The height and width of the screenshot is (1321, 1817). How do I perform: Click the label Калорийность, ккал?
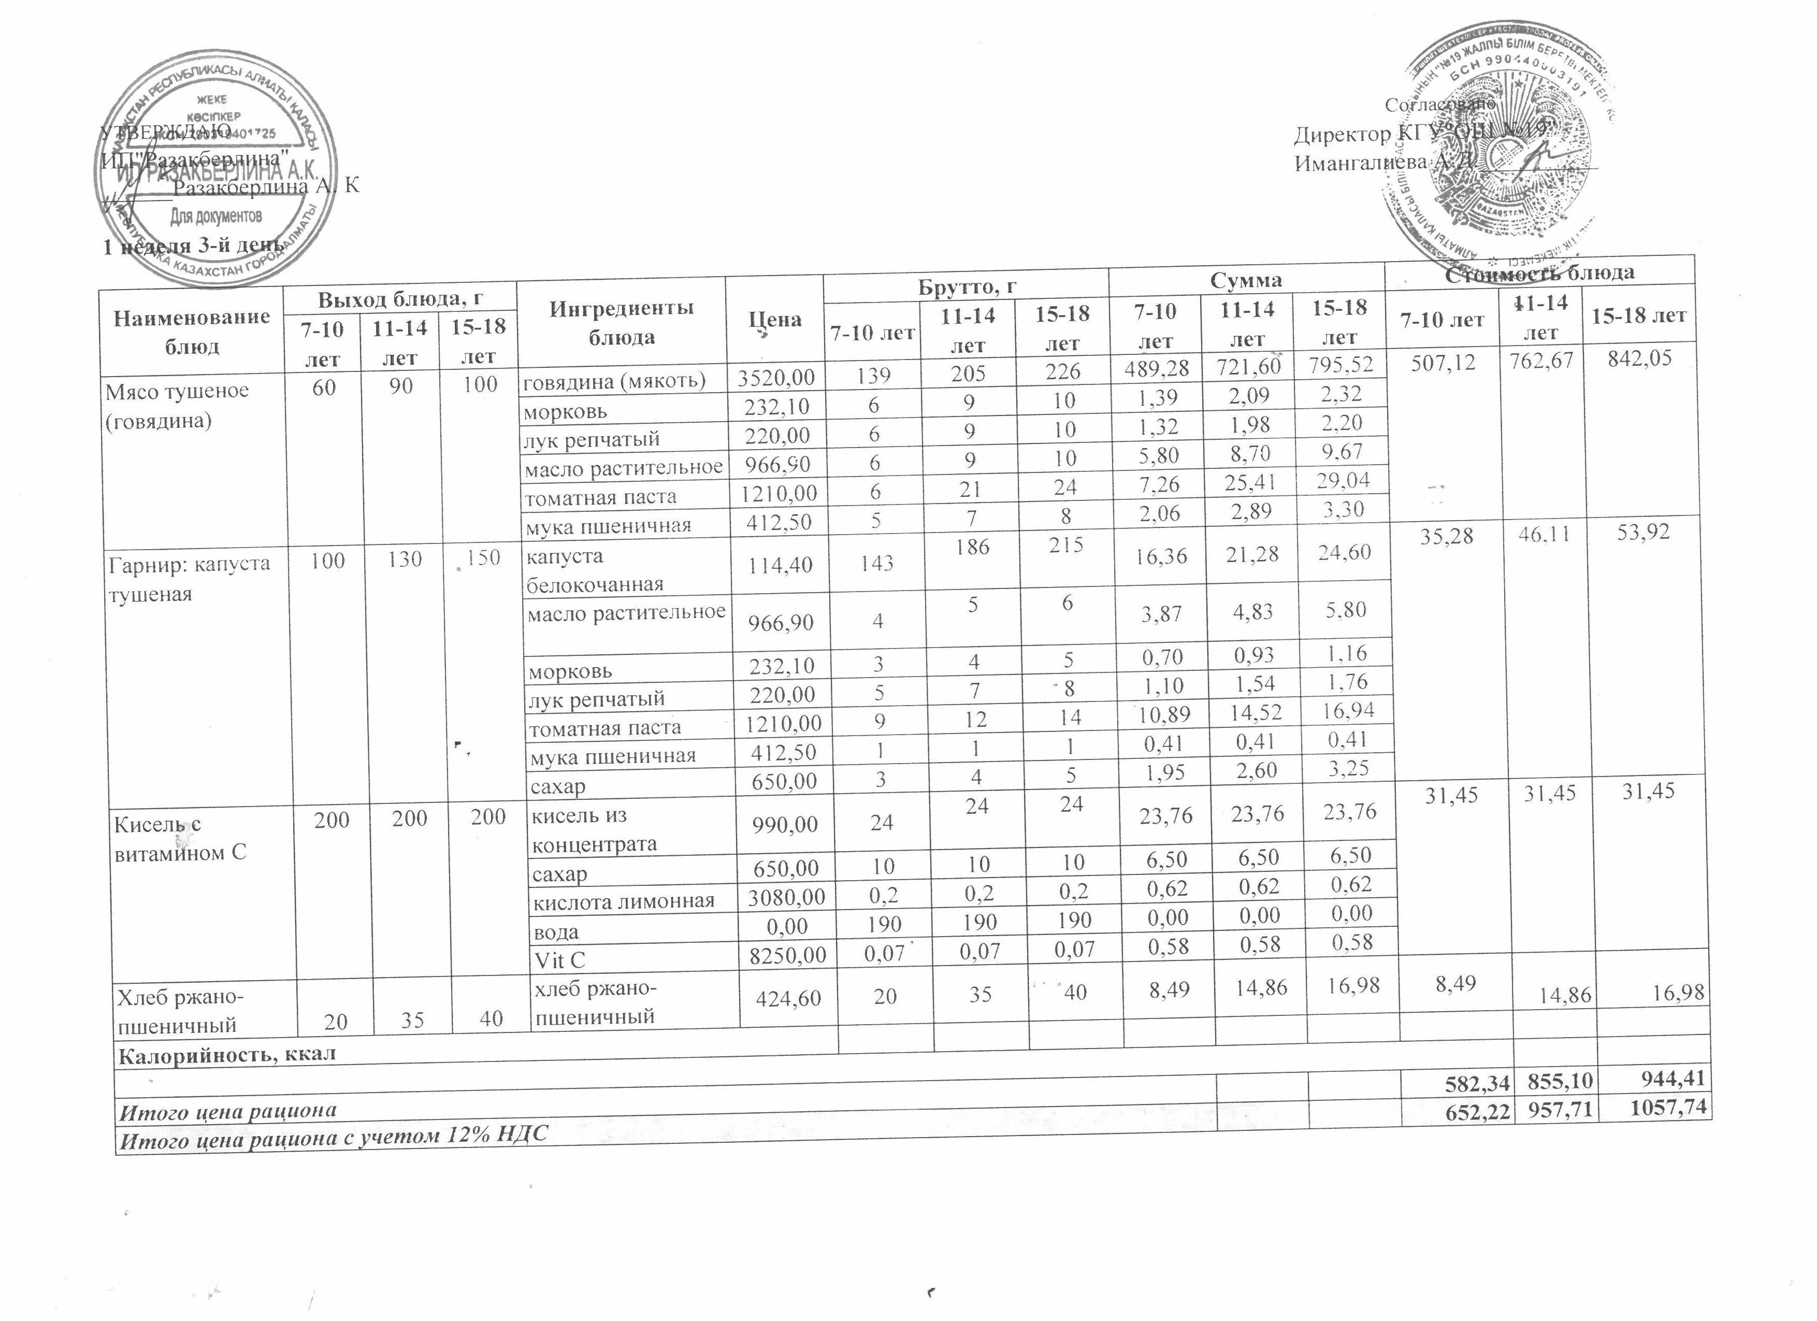(227, 1054)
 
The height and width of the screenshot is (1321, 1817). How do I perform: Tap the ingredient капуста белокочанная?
(594, 569)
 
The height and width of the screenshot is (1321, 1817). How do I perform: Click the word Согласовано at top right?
(1439, 104)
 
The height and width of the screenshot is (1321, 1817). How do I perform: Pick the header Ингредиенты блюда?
(621, 322)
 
